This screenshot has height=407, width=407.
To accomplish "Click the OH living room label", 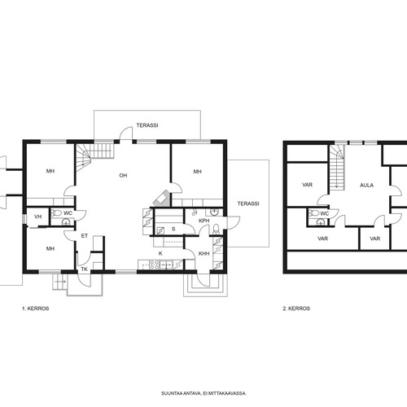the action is [x=123, y=176].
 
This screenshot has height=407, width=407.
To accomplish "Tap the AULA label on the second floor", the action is [x=366, y=186].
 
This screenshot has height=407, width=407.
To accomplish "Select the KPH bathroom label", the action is [x=204, y=221].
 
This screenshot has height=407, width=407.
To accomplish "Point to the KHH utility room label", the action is [x=204, y=254].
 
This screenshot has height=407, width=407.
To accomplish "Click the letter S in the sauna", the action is [x=173, y=229].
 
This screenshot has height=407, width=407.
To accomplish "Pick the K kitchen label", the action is [x=160, y=253].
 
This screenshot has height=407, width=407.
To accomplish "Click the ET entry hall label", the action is [x=85, y=236].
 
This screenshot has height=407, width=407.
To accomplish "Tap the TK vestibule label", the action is [x=85, y=269].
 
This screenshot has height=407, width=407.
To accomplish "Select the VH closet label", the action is [x=38, y=217].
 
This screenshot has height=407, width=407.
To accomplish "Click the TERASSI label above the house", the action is [x=147, y=125].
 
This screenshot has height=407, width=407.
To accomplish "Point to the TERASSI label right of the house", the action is [x=248, y=203].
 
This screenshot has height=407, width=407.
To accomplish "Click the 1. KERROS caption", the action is [x=36, y=309].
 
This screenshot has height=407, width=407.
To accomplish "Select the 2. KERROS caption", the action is [x=296, y=309].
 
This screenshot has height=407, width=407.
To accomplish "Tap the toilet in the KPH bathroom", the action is [x=216, y=229].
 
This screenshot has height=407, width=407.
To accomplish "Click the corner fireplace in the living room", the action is [x=162, y=199].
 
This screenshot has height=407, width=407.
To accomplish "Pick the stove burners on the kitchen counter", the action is [x=154, y=265].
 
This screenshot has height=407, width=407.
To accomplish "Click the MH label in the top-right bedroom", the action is [x=198, y=172].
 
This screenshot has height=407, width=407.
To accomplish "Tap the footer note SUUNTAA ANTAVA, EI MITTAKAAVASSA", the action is [x=203, y=393].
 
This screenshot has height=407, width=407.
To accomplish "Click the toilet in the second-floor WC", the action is [x=313, y=213].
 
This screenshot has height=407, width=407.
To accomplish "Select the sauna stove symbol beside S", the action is [x=160, y=230].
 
